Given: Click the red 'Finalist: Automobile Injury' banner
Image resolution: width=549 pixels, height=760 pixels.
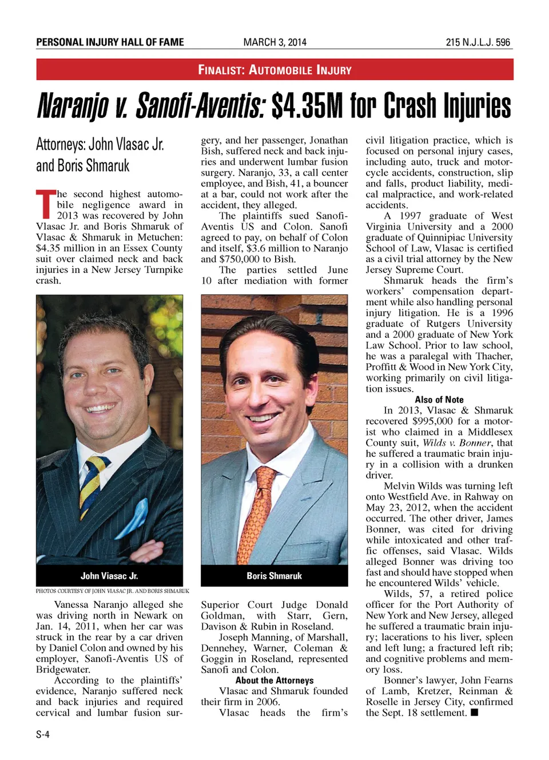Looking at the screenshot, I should (x=274, y=70).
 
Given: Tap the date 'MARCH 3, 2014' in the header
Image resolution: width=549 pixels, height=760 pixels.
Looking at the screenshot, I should (x=274, y=42).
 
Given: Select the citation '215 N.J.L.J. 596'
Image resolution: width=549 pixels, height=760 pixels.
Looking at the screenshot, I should (x=478, y=42).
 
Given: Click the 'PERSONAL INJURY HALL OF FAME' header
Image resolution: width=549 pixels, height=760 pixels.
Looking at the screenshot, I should (x=110, y=42).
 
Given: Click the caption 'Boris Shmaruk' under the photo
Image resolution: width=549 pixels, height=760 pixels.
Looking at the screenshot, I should (x=274, y=576).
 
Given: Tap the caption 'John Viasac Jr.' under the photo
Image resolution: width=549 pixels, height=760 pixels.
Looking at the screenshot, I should (x=109, y=576).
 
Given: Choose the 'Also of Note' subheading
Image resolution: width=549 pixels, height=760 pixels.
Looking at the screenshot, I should (x=439, y=400).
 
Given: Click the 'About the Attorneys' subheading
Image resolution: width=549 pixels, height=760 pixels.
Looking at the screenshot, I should (x=274, y=681).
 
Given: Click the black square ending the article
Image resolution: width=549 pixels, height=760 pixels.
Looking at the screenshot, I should (x=474, y=713).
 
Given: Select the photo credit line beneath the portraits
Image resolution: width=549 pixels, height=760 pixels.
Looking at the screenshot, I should (x=112, y=591).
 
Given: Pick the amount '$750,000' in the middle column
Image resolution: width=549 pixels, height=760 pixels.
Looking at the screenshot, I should (x=234, y=259).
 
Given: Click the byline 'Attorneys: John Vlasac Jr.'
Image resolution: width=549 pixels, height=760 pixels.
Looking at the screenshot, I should (x=100, y=144).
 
